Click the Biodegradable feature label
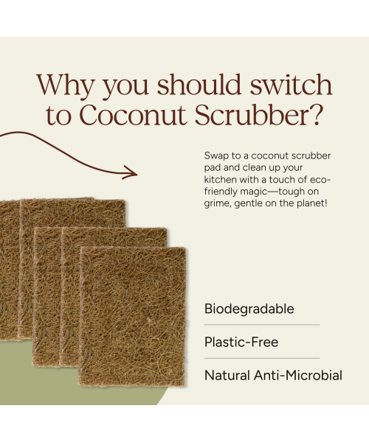(x=249, y=309)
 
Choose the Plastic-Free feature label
(x=241, y=343)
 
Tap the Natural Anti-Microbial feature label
(x=273, y=376)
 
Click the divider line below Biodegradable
(x=262, y=325)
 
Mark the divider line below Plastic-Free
(x=262, y=359)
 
